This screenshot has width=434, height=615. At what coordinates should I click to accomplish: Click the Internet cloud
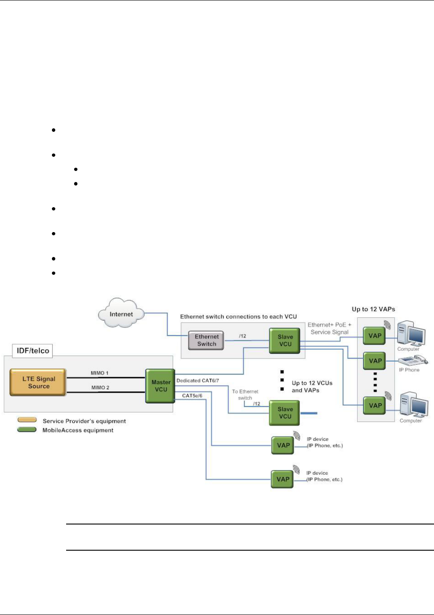(x=121, y=313)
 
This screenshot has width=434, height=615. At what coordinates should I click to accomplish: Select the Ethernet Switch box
(x=206, y=340)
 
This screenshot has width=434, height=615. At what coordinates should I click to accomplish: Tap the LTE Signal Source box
(x=38, y=382)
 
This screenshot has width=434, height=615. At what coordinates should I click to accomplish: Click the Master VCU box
(x=160, y=386)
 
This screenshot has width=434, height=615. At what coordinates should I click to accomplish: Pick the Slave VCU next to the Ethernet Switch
(x=284, y=340)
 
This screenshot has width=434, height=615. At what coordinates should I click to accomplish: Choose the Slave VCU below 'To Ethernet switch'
(x=284, y=413)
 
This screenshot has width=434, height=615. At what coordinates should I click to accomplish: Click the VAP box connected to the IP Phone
(x=375, y=361)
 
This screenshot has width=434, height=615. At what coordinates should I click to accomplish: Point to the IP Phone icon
(x=413, y=360)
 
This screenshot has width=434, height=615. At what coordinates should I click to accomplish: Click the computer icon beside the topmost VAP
(x=411, y=333)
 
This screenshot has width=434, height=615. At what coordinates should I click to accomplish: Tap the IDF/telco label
(x=33, y=351)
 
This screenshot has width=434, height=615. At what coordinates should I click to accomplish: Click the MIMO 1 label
(x=99, y=373)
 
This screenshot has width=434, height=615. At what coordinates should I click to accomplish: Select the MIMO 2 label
(x=100, y=387)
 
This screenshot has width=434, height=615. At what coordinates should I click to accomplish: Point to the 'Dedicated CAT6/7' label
(x=197, y=381)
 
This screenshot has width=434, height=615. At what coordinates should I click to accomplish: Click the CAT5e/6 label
(x=192, y=396)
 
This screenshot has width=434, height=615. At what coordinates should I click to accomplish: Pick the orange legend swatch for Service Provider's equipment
(x=27, y=419)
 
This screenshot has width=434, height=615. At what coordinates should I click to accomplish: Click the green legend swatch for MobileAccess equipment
(x=27, y=430)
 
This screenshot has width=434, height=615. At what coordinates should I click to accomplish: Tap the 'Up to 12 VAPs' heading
(x=373, y=309)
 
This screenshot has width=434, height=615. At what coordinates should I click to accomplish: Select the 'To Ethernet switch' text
(x=245, y=394)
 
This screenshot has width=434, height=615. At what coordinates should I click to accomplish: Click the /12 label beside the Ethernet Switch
(x=242, y=336)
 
